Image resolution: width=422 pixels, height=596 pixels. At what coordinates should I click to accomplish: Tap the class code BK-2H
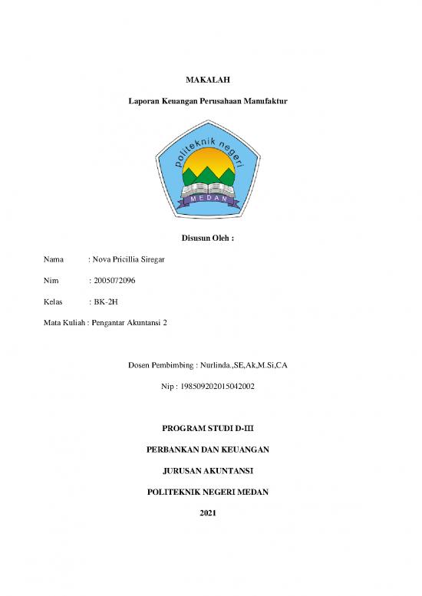pyautogui.click(x=105, y=302)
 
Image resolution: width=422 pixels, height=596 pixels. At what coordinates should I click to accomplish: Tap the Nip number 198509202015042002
pyautogui.click(x=217, y=387)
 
